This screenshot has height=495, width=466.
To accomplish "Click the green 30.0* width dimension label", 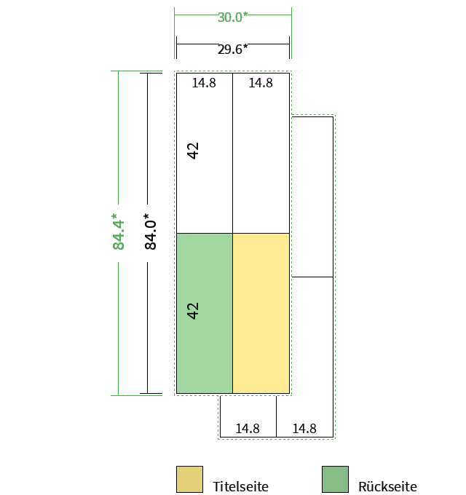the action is point(233,17).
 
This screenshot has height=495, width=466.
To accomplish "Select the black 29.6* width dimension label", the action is point(233,49).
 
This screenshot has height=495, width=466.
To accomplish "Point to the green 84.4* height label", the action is point(119,231).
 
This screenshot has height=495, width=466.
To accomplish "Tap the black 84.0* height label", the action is point(150,231).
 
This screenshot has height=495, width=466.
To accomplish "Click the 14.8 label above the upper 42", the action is point(204,83).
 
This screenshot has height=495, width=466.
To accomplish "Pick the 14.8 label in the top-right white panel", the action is point(261,83).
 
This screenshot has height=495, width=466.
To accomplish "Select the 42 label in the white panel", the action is point(193,151).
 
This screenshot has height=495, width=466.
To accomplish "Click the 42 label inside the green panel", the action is point(193,311).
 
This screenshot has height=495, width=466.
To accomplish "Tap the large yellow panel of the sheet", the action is point(261,313).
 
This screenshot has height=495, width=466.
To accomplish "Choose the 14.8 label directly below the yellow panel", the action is point(248,429).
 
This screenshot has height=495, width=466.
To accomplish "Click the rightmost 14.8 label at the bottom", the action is point(304,429).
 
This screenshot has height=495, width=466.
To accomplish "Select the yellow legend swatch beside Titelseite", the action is point(189,479).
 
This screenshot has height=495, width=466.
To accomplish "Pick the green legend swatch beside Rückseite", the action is point(335,479).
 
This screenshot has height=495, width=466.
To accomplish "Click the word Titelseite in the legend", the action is point(240,486).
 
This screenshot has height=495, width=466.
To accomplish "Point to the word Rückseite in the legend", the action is point(387,486).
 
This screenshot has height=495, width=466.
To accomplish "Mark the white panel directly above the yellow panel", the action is point(261,154).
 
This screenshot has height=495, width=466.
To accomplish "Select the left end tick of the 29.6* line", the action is point(176,47).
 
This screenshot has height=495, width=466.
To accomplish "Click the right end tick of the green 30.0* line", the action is point(291,33).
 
